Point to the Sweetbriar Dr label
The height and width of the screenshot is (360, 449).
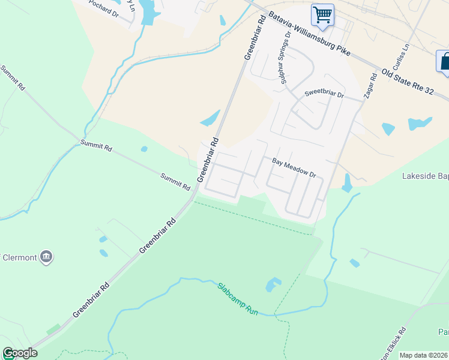click(x=324, y=94)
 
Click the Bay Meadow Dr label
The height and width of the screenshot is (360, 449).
click(x=294, y=167)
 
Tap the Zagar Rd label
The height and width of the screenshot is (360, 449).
click(x=369, y=87)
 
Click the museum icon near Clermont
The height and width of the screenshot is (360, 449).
click(x=46, y=258)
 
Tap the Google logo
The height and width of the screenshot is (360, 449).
click(x=19, y=353)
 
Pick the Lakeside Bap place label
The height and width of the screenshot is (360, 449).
click(x=424, y=176)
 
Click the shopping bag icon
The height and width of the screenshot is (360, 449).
click(x=445, y=61)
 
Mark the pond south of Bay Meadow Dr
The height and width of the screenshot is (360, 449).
click(x=347, y=183)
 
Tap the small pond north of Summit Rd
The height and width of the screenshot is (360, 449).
click(x=144, y=149)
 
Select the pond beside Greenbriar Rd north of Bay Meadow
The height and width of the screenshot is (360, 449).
click(x=211, y=118)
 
